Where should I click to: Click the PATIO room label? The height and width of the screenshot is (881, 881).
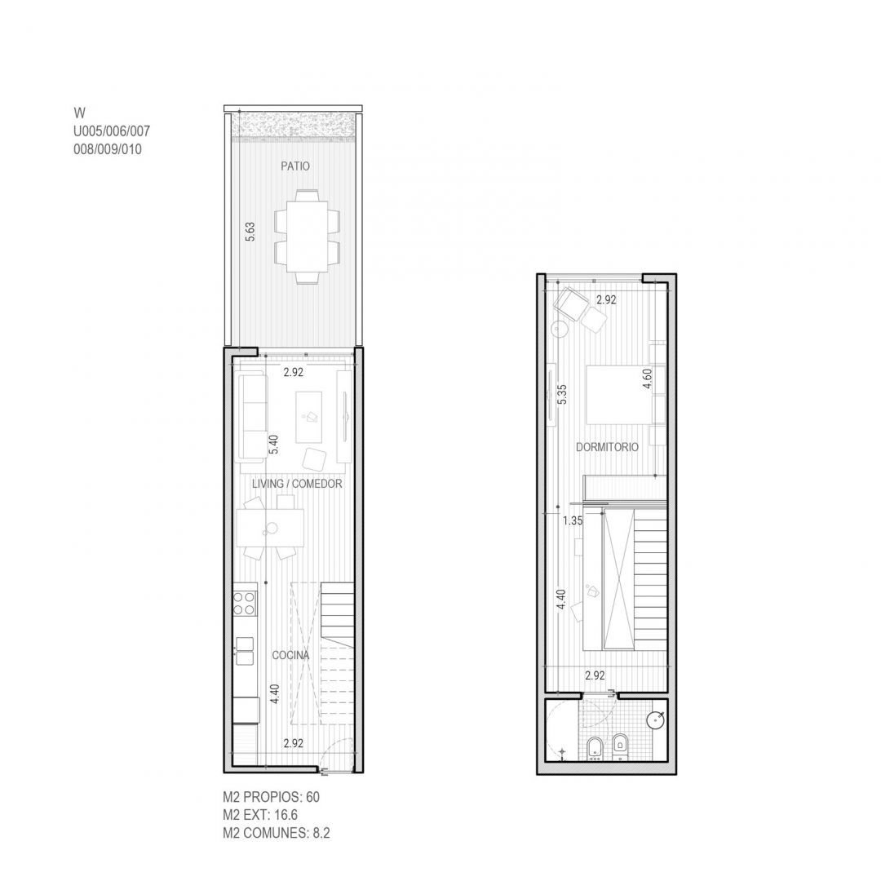click(295, 166)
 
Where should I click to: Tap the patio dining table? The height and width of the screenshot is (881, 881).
click(307, 236)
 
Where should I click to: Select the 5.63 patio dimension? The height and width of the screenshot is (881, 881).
click(250, 232)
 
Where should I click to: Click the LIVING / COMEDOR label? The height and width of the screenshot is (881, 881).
click(297, 484)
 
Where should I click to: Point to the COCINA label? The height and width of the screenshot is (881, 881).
click(290, 655)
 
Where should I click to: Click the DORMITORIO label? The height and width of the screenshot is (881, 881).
click(608, 447)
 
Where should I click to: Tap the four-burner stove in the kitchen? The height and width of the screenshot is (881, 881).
click(245, 604)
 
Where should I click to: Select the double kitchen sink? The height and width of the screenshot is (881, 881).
click(245, 651)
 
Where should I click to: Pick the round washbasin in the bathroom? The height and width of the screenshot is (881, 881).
click(655, 721)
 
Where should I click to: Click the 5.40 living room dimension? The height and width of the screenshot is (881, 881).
click(273, 445)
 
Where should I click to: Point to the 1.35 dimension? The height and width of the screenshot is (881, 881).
click(573, 520)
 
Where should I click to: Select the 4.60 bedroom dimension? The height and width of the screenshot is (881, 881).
click(648, 379)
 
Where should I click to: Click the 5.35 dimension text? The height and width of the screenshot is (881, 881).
click(562, 394)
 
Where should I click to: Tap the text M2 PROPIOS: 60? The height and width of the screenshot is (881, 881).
click(272, 797)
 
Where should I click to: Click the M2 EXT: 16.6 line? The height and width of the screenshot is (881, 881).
click(260, 815)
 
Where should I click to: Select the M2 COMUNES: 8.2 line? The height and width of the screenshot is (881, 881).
click(277, 833)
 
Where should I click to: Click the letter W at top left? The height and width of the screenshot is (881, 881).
click(79, 113)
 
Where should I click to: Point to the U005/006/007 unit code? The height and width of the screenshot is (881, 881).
click(112, 131)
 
